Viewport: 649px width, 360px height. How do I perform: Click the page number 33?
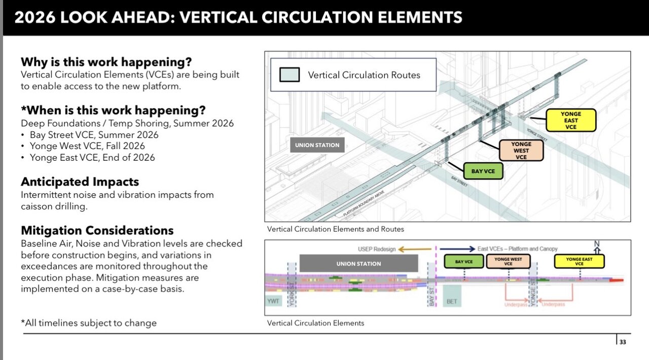(x=623, y=342)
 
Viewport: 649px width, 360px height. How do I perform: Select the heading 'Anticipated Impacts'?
(x=80, y=182)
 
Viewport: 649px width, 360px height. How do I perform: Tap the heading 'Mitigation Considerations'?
(x=97, y=230)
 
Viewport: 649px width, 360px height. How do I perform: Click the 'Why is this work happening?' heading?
(x=106, y=62)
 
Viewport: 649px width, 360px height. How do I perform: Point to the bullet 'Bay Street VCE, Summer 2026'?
(x=94, y=135)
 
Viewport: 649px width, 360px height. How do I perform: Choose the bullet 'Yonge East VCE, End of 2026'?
(x=92, y=157)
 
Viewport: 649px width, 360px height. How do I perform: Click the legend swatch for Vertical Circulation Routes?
(x=290, y=75)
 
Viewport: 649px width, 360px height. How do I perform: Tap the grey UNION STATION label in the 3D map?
(x=317, y=145)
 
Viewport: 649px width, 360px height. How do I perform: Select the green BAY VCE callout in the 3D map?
(x=483, y=171)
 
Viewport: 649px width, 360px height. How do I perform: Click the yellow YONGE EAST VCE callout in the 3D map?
(x=571, y=121)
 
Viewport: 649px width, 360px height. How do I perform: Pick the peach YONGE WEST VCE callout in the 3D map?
(x=521, y=151)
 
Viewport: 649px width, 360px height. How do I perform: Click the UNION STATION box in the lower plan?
(x=358, y=264)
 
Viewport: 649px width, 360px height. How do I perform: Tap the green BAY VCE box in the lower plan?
(x=463, y=262)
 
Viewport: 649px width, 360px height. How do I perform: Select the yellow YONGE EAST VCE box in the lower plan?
(x=579, y=262)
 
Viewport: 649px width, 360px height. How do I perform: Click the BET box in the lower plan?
(x=452, y=301)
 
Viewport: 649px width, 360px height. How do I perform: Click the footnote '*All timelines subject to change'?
(x=89, y=323)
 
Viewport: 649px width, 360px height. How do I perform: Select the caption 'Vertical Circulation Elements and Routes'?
(x=336, y=229)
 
